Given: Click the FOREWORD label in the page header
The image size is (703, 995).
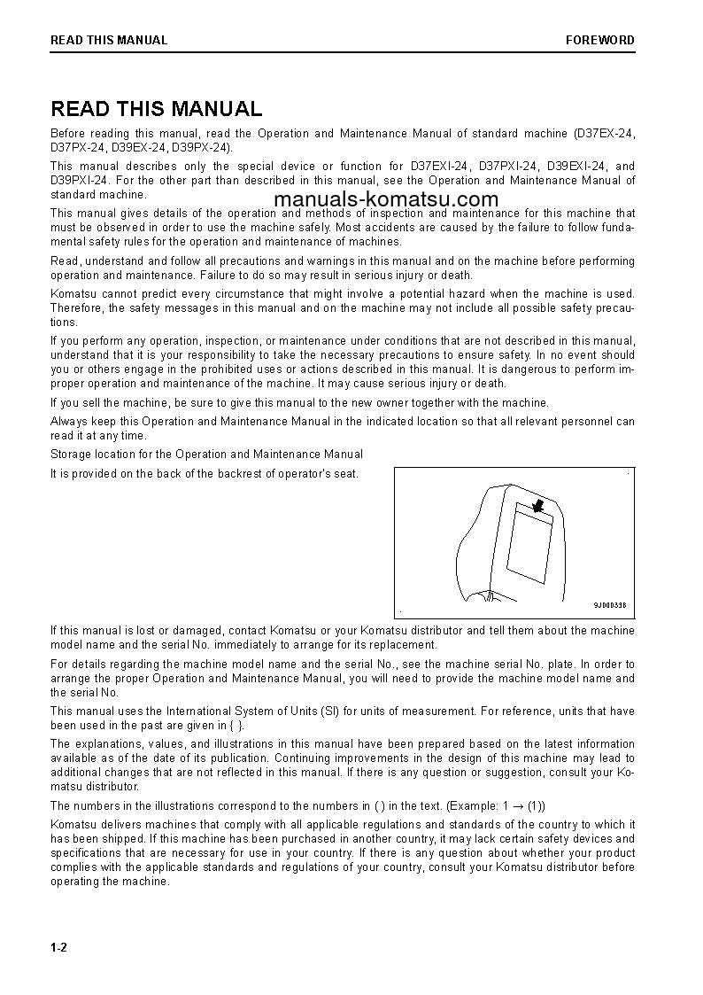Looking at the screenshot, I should (600, 40).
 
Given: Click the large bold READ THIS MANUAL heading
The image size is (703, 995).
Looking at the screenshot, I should (156, 109).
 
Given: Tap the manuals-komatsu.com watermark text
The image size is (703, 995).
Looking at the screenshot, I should (387, 200).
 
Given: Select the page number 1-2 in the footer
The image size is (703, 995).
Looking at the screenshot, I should (59, 948).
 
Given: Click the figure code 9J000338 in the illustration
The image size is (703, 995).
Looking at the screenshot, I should (609, 606).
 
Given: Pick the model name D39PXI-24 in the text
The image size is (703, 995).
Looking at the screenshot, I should (79, 180).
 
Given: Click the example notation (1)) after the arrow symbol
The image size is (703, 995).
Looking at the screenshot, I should (537, 805).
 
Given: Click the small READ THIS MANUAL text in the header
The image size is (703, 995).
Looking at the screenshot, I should (109, 40).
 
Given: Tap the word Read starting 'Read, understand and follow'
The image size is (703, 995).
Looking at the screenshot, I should (65, 260).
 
